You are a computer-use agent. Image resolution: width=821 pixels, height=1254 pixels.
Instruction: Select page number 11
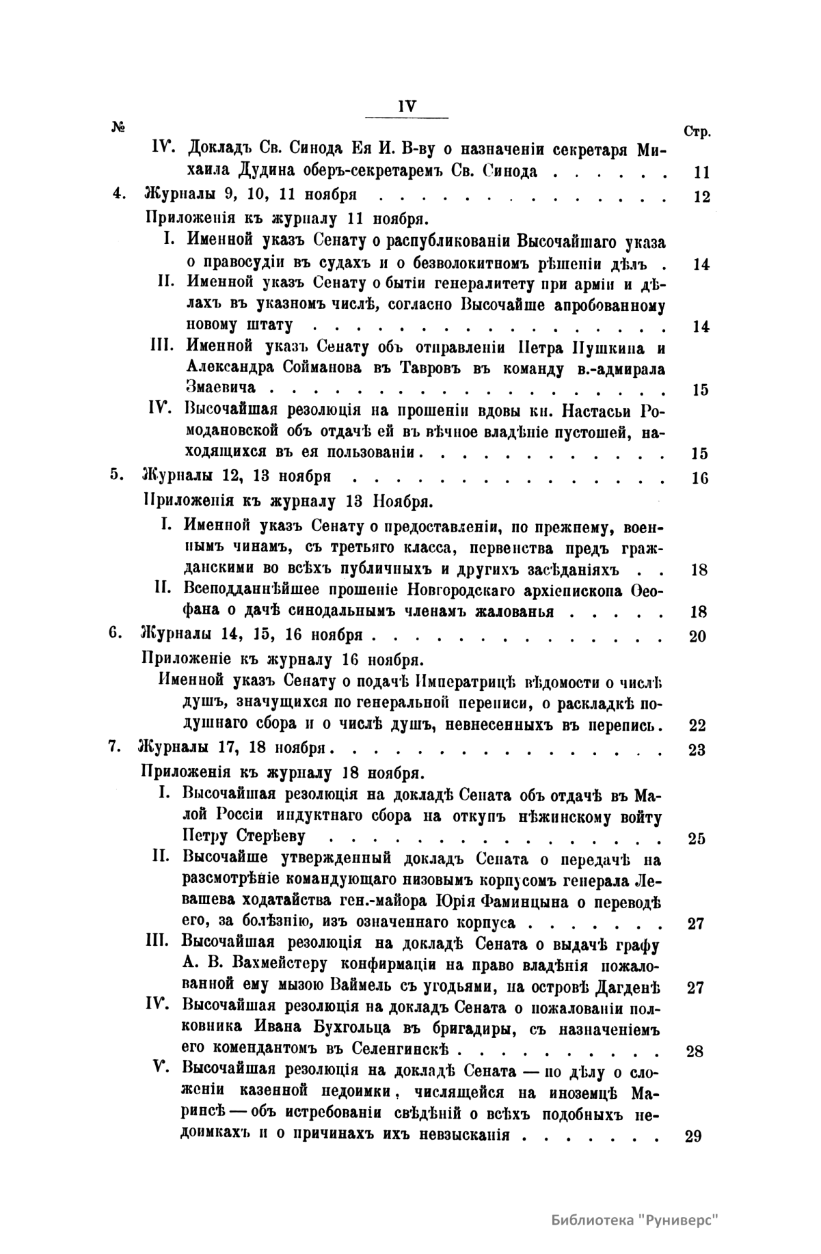click(x=701, y=172)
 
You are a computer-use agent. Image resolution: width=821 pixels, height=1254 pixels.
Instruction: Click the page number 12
click(x=701, y=197)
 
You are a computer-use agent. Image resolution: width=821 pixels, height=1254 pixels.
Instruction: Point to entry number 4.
click(x=118, y=193)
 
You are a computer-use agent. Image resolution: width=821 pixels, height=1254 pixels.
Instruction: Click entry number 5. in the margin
click(x=116, y=474)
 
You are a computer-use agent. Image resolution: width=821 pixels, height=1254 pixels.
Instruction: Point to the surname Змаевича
click(x=221, y=387)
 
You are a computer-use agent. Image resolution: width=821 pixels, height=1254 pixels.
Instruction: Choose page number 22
click(x=697, y=726)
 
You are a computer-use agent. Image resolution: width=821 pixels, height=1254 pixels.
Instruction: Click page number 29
click(x=693, y=1137)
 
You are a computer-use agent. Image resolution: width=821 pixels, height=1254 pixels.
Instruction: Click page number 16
click(x=700, y=478)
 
